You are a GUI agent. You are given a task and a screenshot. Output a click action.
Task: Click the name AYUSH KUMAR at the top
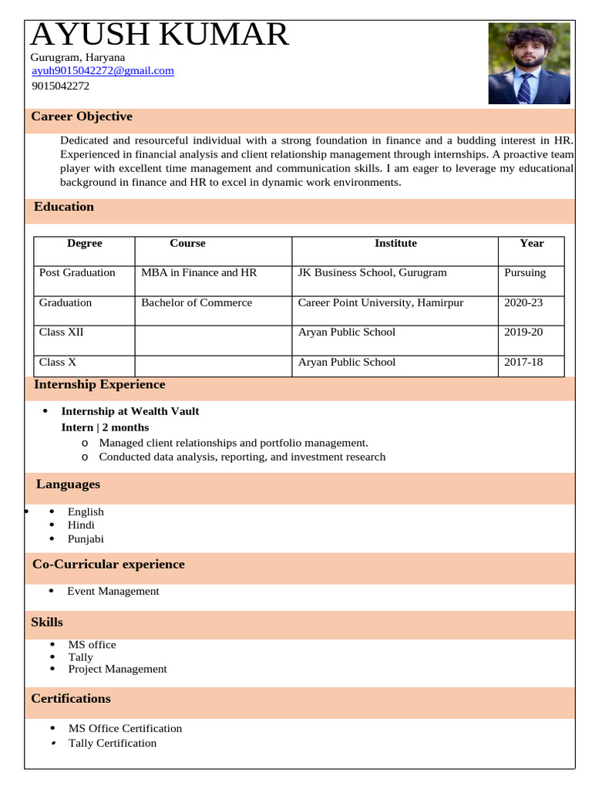[160, 35]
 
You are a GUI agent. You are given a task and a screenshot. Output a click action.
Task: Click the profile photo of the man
[529, 64]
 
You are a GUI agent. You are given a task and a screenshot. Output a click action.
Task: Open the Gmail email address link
[103, 71]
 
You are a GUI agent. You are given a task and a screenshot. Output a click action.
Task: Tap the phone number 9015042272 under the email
[60, 86]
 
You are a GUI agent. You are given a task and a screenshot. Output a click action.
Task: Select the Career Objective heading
[82, 116]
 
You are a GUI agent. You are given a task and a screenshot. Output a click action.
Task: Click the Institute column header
[395, 243]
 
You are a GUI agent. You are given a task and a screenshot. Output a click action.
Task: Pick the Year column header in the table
[531, 243]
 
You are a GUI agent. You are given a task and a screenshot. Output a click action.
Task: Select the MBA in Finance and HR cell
[199, 272]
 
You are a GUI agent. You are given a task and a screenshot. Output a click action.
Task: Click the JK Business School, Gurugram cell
[372, 272]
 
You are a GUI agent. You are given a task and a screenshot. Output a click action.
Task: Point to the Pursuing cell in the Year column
[525, 272]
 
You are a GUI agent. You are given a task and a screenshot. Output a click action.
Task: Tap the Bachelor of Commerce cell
[197, 302]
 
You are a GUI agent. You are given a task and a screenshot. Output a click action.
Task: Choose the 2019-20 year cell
[523, 332]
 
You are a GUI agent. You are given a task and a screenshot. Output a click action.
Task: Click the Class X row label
[58, 362]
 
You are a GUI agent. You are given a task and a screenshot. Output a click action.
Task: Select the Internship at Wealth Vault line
[130, 411]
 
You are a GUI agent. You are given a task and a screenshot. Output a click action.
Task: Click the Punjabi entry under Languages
[86, 539]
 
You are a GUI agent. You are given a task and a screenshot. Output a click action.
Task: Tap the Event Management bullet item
[113, 591]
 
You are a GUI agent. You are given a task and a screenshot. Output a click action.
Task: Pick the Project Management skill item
[117, 669]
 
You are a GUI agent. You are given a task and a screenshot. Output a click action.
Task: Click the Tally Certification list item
[113, 743]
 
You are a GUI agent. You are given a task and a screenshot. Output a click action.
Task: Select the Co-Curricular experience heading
[109, 564]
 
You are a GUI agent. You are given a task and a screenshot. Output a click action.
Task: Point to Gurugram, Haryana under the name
[77, 57]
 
